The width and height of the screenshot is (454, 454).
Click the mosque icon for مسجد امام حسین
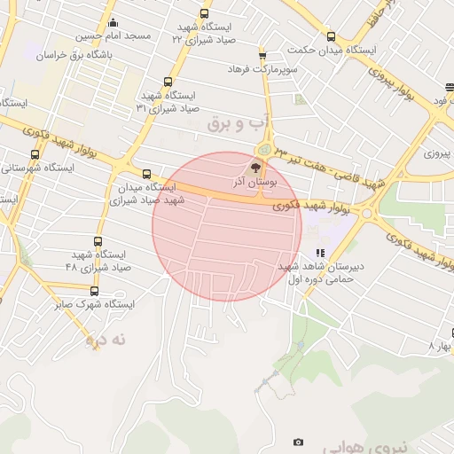pos(112,23)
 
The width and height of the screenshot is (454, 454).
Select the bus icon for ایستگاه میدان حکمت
pos(331,36)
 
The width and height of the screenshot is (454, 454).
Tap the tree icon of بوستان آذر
pos(256,168)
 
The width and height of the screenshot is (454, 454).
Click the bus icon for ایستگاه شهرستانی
pos(35,154)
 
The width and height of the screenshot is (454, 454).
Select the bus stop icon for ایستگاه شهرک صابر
pos(95,291)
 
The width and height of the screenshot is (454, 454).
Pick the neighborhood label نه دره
pos(107,339)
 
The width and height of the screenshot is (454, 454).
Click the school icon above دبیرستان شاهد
pos(320,253)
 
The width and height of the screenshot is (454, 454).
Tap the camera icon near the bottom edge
pos(298,442)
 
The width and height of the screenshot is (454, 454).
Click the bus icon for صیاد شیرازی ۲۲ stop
pos(205,14)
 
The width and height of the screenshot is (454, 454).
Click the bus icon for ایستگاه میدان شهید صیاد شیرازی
pos(146,174)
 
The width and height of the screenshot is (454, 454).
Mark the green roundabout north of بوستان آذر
pos(264,149)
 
